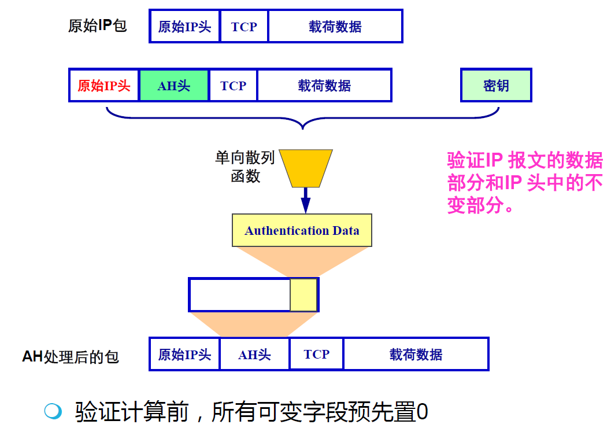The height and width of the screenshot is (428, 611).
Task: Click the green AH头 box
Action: [x=174, y=86]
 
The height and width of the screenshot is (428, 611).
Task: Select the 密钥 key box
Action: [x=496, y=86]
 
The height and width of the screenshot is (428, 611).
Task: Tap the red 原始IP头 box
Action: [x=104, y=86]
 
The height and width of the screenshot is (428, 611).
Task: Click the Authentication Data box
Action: [x=302, y=231]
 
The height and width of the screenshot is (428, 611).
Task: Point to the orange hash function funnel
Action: [x=306, y=168]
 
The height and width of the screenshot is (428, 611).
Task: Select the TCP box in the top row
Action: [x=244, y=27]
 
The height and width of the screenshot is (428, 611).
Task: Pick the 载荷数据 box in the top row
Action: [x=335, y=27]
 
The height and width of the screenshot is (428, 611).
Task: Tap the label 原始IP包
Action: [x=97, y=27]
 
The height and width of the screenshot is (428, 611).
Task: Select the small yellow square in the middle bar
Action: [x=303, y=295]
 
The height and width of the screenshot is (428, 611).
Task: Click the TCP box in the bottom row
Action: [x=316, y=355]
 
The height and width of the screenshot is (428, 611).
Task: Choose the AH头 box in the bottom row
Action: [x=254, y=355]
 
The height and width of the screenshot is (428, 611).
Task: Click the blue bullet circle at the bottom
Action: [x=53, y=411]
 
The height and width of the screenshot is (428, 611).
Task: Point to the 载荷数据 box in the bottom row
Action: [x=416, y=355]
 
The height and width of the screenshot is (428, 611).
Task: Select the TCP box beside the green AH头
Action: [x=233, y=86]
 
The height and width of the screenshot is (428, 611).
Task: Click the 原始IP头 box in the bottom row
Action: [x=184, y=355]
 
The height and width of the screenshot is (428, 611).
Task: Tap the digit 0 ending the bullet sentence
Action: [x=422, y=412]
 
